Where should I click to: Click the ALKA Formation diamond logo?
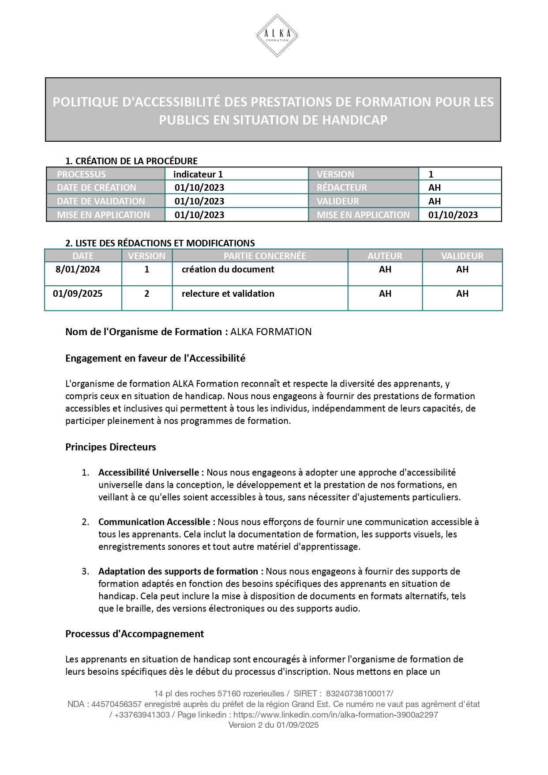pos(277,35)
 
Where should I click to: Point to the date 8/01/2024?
pos(78,269)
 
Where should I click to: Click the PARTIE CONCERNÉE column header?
pos(264,256)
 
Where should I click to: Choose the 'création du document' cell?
pos(228,269)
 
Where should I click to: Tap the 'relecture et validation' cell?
pos(228,294)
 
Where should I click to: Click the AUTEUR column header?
pos(385,256)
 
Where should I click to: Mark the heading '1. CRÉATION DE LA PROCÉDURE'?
pos(131,161)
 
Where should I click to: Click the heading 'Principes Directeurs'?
pos(111,447)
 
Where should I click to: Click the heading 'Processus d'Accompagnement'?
pos(135,634)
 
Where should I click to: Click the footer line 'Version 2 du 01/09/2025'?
pos(274,725)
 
